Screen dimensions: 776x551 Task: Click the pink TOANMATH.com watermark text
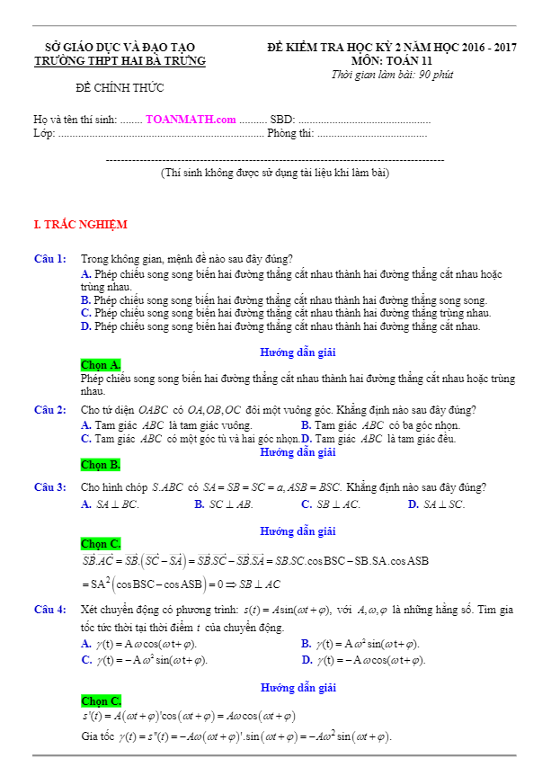coord(190,119)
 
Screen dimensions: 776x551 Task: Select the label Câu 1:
coord(49,259)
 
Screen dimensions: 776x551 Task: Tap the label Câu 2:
coord(49,410)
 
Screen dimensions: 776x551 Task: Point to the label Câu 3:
coord(49,487)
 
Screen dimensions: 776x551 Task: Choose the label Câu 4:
coord(49,610)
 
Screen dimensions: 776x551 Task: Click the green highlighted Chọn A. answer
coord(101,364)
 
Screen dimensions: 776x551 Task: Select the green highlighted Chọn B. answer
coord(101,465)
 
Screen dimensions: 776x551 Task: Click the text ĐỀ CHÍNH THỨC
coord(120,87)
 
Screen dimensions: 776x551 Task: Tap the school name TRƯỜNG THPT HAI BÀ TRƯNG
coord(120,60)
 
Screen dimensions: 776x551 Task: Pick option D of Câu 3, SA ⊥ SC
coord(437,504)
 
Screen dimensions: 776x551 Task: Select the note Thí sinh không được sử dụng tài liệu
coord(274,172)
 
